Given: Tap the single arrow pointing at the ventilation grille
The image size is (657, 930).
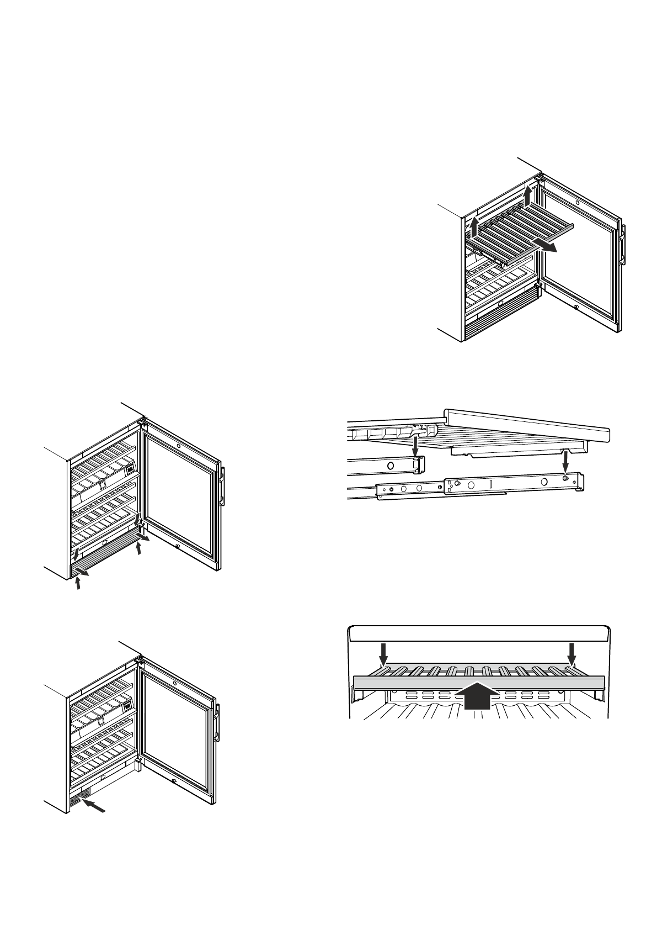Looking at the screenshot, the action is coord(94,807).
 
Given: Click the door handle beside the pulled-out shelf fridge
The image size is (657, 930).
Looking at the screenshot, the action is coord(623,245).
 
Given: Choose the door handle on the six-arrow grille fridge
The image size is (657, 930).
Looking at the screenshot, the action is coord(222,487).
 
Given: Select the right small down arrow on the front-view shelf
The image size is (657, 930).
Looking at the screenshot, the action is coord(571,653).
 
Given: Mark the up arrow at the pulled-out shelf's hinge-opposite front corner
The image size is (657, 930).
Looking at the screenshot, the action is coord(473,226).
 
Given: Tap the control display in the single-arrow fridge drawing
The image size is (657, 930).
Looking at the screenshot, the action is coord(127,705).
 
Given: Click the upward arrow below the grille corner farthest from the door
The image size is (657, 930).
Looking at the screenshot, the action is coord(78,582).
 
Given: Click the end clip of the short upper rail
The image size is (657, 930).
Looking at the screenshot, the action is coord(418,465).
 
